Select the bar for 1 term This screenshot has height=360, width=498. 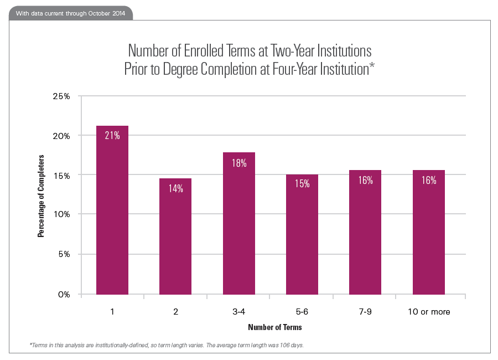112,210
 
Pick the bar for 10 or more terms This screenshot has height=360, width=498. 429,232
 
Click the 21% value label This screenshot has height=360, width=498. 112,135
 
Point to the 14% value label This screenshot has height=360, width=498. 175,188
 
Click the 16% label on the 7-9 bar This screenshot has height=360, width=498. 365,180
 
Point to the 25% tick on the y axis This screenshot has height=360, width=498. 61,96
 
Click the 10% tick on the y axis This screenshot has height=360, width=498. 61,214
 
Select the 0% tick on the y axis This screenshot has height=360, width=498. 64,295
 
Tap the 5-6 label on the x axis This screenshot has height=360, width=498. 302,312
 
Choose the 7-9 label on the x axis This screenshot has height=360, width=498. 365,312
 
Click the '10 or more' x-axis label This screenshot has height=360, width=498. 429,312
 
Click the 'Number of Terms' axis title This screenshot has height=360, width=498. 275,327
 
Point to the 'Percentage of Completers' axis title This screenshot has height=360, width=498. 41,196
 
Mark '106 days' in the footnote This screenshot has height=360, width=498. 291,345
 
